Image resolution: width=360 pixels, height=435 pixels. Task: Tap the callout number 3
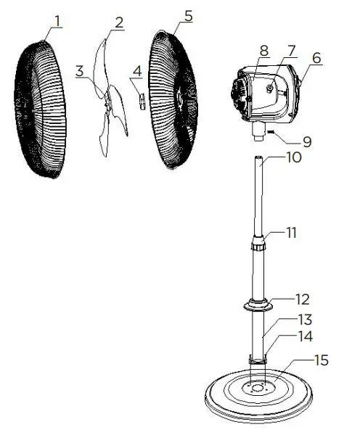pyautogui.click(x=80, y=70)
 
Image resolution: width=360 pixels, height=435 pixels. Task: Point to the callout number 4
pyautogui.click(x=136, y=70)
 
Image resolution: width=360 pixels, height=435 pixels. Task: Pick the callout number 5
pyautogui.click(x=188, y=15)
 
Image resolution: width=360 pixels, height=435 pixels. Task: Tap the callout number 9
pyautogui.click(x=307, y=142)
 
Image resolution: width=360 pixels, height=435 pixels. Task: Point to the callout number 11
pyautogui.click(x=292, y=233)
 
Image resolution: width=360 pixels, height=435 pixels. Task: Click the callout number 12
pyautogui.click(x=302, y=299)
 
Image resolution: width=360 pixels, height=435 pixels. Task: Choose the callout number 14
pyautogui.click(x=306, y=336)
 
